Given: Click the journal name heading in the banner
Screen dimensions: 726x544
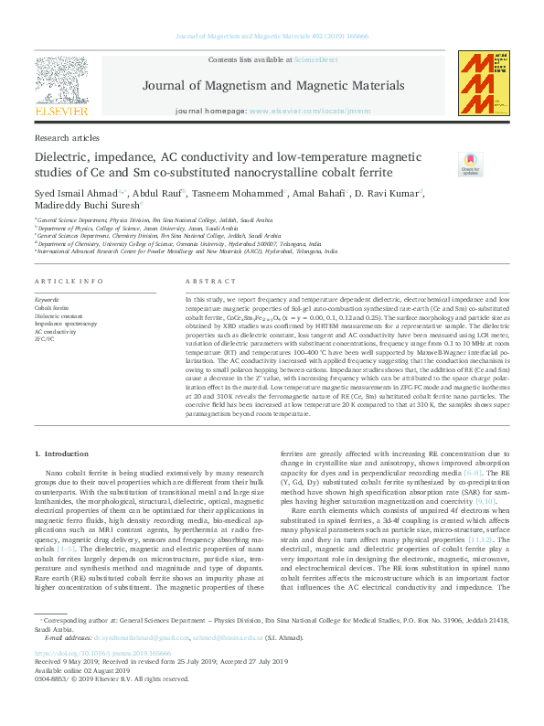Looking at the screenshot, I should click(x=273, y=86).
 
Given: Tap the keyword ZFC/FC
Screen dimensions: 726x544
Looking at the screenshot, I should click(x=45, y=339).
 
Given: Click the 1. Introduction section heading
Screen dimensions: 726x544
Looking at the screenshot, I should click(x=62, y=454).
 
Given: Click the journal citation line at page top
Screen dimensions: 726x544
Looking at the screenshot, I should click(x=272, y=37).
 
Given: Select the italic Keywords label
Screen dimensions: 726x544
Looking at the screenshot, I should click(x=47, y=300).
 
